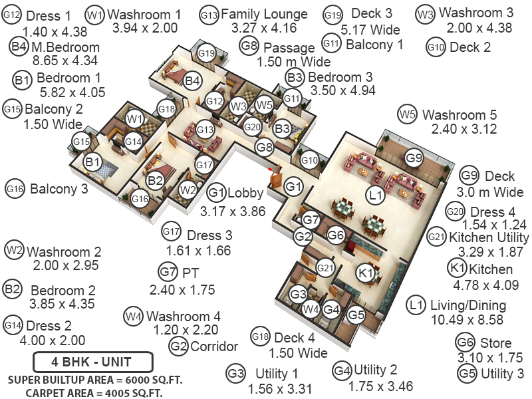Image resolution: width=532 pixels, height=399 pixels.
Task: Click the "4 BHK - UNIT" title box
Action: coord(92,362)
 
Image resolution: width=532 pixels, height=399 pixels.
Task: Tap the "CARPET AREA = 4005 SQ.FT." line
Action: coord(94,392)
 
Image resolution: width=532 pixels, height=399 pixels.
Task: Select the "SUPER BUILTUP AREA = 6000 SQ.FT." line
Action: coord(94,379)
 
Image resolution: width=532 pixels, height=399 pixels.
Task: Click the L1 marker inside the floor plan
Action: coord(376,195)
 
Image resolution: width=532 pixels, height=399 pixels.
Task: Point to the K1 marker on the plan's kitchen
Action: coord(365,273)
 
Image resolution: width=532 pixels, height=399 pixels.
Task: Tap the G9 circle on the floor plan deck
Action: coord(414,158)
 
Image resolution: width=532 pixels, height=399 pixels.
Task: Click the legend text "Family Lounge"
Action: coord(264,14)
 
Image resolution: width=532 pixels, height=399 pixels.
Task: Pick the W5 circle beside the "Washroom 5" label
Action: coord(408,114)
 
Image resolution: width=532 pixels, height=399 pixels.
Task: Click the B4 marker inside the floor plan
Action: coord(193,81)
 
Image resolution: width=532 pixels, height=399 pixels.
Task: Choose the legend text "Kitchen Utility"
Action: coord(489,237)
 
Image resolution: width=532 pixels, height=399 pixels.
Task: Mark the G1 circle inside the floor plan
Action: coord(293,187)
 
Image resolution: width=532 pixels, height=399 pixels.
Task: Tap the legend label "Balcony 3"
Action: coord(59,189)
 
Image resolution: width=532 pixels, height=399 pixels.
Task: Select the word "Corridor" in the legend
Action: coord(214,346)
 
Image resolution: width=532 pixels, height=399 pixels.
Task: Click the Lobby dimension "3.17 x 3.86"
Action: coord(233,211)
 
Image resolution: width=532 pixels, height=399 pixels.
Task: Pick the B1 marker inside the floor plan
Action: coord(92,162)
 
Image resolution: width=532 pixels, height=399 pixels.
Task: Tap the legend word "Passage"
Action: coord(289,48)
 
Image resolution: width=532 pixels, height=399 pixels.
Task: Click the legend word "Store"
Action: coord(495,343)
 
